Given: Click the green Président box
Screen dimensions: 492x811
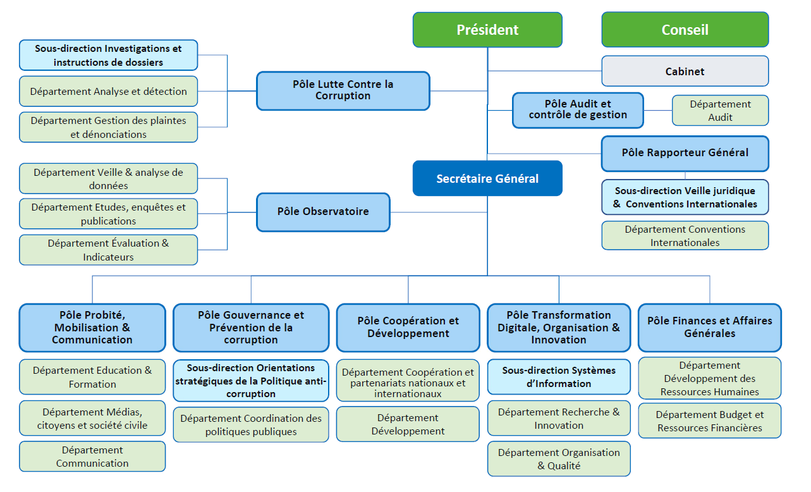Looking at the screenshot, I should tap(487, 30).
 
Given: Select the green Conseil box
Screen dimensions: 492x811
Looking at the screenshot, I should tap(685, 30).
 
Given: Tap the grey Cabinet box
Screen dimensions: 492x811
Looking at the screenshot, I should tap(685, 71).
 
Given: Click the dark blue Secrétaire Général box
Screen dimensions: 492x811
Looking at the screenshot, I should tap(487, 178).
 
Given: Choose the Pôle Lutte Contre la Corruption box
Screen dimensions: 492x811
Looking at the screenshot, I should tap(343, 90).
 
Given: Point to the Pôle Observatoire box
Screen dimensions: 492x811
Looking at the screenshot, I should tap(323, 212).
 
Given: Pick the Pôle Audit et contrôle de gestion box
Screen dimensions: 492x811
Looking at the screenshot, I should tap(578, 110).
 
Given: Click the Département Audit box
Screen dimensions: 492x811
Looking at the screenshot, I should tap(720, 111).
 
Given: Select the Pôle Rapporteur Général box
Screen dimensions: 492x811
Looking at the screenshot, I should tap(685, 153).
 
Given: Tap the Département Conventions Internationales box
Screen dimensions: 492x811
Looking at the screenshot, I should tap(685, 236).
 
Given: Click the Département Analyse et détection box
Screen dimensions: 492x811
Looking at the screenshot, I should tap(108, 92).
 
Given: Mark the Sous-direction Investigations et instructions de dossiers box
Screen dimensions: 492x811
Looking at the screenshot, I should tap(108, 56).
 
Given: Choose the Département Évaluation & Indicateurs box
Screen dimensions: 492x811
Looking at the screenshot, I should tap(108, 250).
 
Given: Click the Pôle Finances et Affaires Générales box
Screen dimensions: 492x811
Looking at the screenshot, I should tap(709, 328).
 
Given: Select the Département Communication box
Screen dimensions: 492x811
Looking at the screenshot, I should tap(92, 457).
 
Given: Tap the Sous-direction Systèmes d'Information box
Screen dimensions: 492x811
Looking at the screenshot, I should tap(559, 377).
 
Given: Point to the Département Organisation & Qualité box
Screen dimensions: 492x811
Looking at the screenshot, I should tap(559, 459).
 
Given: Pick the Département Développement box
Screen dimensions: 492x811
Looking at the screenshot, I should tap(408, 424).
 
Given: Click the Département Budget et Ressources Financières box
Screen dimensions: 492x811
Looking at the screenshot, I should tap(709, 421).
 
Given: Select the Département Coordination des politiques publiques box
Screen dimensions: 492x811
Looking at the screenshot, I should tap(251, 425).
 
